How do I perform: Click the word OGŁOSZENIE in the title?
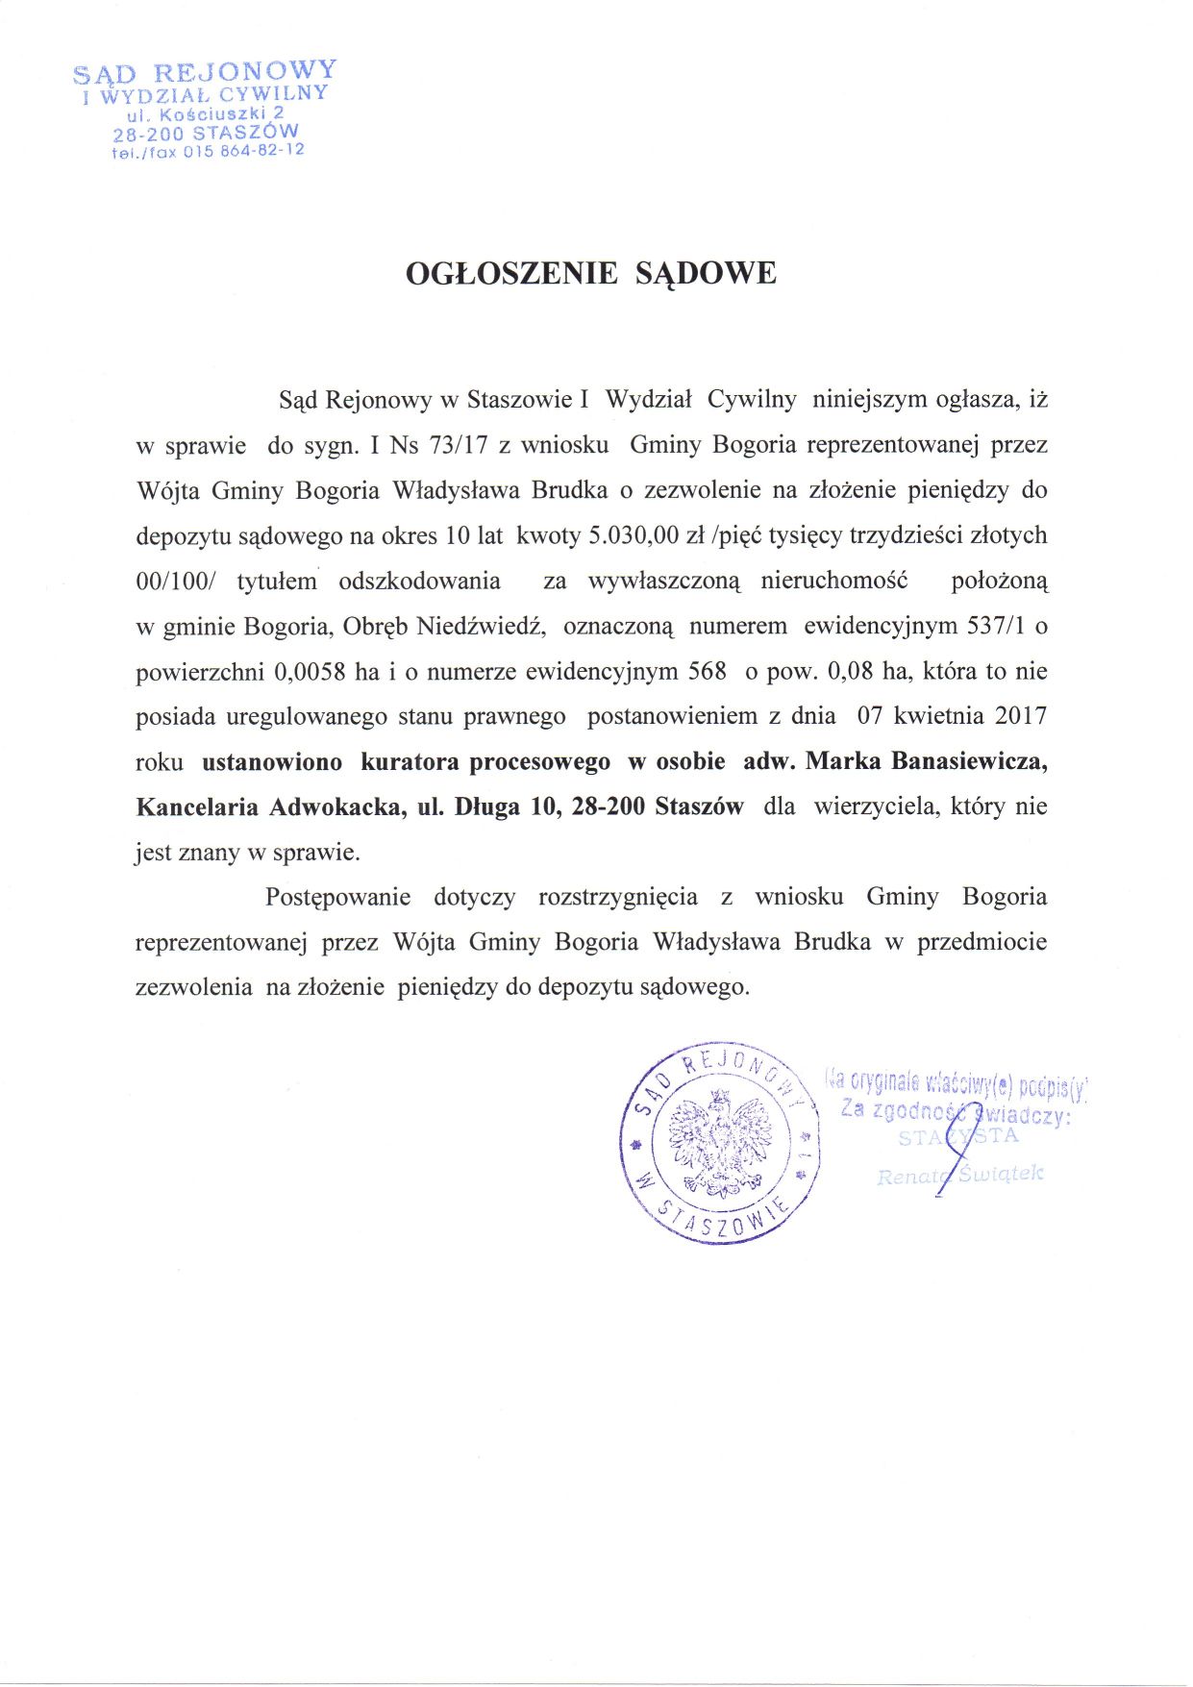click(511, 274)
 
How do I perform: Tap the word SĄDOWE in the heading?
click(706, 274)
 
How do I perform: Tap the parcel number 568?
click(708, 671)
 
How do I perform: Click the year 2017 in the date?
click(1020, 715)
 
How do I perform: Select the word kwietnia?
click(938, 715)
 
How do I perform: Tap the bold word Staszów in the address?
click(699, 806)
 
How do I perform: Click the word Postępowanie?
click(337, 897)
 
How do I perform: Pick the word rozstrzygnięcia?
click(618, 897)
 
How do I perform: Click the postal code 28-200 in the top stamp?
click(147, 135)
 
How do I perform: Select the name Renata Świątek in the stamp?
click(958, 1175)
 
